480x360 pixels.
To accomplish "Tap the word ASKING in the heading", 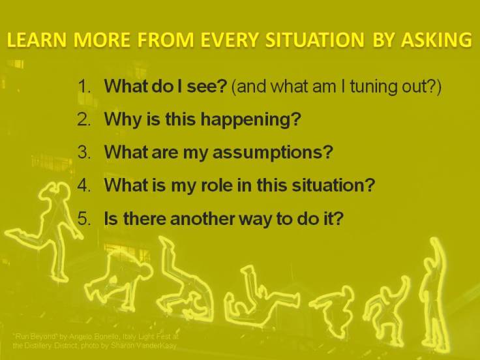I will click(436, 40).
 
